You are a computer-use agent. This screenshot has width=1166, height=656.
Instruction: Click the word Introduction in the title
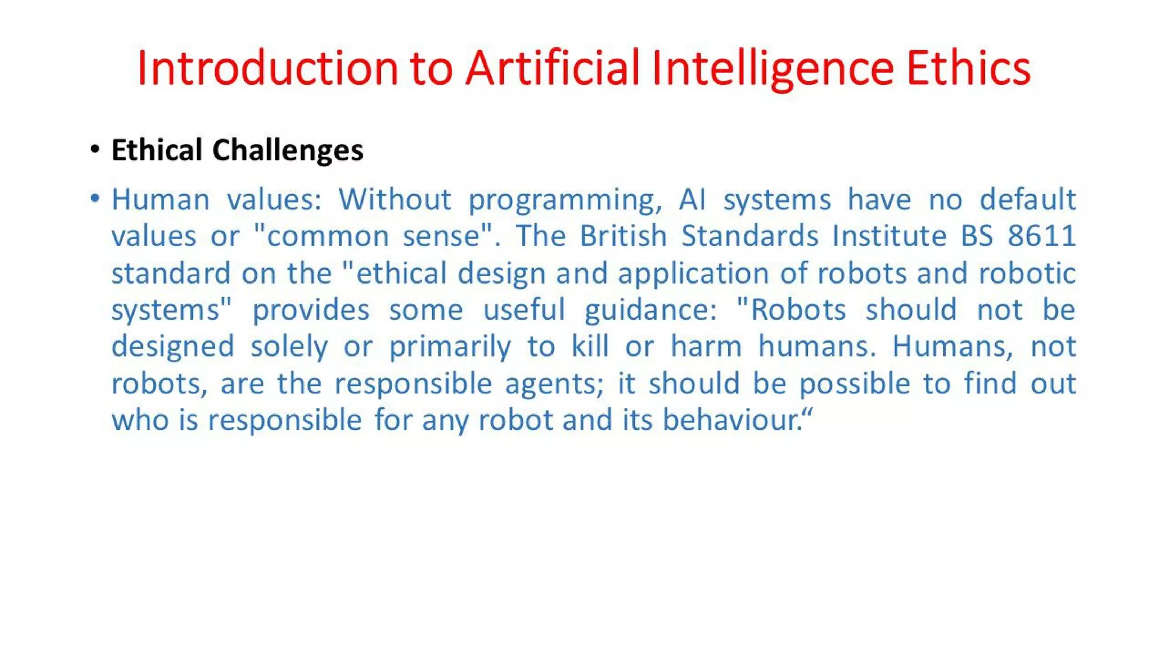pos(267,68)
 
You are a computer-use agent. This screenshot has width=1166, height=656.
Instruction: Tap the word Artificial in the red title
pos(552,68)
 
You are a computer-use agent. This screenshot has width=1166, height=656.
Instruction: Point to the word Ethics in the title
pos(968,68)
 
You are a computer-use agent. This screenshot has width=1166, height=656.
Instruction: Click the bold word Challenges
pos(288,151)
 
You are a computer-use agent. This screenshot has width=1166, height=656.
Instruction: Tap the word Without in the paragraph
pos(395,200)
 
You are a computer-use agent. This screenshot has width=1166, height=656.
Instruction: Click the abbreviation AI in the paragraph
pos(692,200)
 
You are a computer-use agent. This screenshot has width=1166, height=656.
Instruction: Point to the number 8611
pos(1041,236)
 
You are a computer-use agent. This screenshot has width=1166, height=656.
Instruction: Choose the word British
pos(623,236)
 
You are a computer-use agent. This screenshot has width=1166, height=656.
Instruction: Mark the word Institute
pos(889,236)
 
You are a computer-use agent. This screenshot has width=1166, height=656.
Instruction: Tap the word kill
pos(590,347)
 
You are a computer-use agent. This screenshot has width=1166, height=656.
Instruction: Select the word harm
pos(706,347)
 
